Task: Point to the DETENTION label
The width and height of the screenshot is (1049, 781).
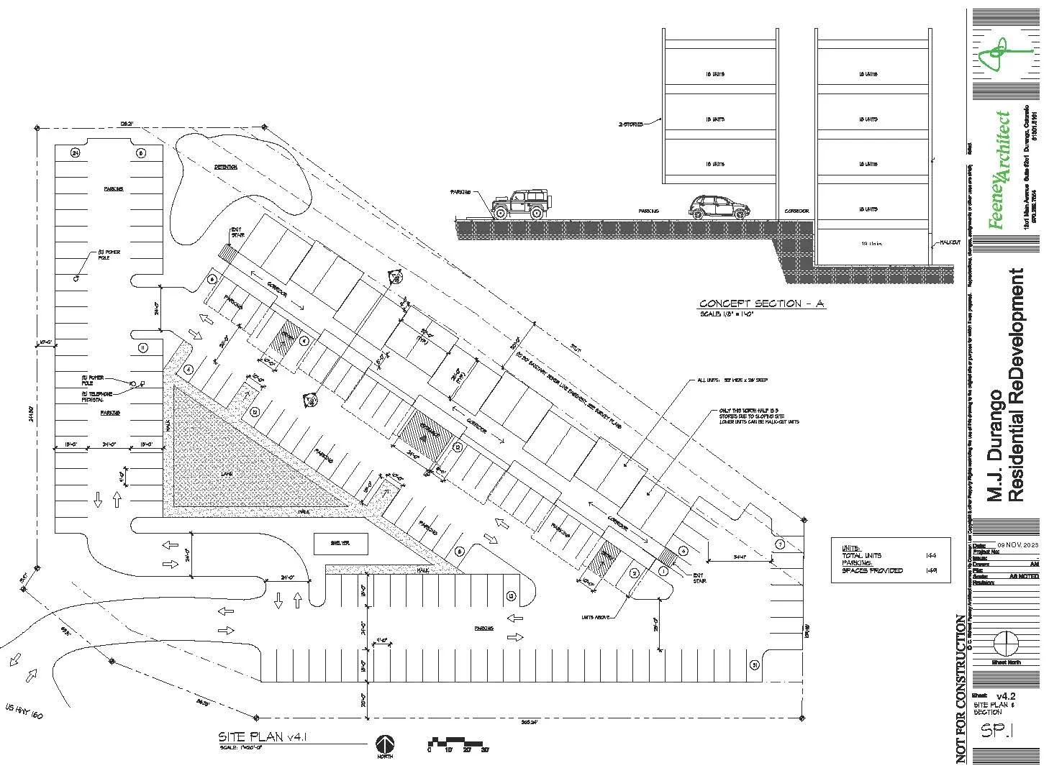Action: (225, 167)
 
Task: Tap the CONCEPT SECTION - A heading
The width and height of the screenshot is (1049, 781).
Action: (761, 304)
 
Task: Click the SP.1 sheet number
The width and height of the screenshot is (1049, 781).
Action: (997, 731)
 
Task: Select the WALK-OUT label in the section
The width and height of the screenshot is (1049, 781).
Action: (950, 243)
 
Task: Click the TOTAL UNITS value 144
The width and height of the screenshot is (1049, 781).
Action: (931, 556)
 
